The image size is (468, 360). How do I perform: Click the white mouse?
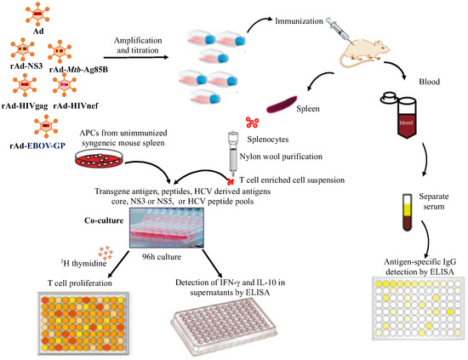pos(365,51)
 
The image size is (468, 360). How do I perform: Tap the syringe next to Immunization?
pos(337,29)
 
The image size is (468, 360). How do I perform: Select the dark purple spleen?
pos(282,104)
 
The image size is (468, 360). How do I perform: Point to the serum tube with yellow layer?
pos(407,212)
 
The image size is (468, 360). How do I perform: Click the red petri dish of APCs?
pos(99,158)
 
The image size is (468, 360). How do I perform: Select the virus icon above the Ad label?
pos(37,14)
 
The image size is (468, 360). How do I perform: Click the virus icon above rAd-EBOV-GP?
pos(46,126)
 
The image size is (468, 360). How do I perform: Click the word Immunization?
pos(299,21)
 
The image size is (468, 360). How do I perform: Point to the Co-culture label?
pos(104,220)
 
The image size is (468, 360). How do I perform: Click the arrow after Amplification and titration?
pos(136,57)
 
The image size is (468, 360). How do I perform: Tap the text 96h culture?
pos(162,257)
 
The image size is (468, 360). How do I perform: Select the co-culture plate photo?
pos(167,228)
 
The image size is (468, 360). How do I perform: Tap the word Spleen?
pos(308,109)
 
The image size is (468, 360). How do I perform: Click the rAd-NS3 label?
pos(26,66)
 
